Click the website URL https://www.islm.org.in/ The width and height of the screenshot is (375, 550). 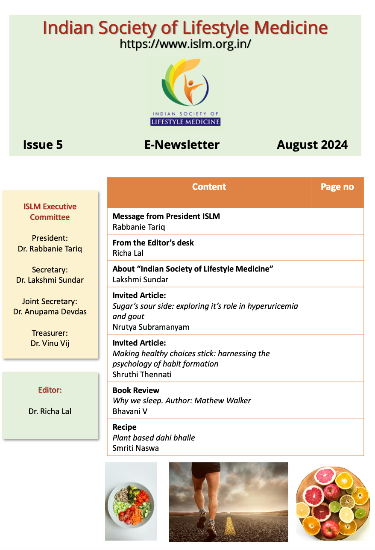[x=185, y=44]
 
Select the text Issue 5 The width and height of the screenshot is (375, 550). [x=43, y=145]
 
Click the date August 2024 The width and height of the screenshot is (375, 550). [x=312, y=145]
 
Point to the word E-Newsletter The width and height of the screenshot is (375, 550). [x=182, y=145]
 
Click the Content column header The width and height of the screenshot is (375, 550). [x=209, y=187]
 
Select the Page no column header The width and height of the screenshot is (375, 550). [x=337, y=187]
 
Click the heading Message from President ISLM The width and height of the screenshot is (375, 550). [x=166, y=216]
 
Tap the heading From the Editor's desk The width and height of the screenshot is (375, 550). [x=153, y=243]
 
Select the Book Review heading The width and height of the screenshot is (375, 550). [x=136, y=390]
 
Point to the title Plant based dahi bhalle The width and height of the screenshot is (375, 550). [x=154, y=438]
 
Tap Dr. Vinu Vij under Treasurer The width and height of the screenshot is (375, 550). [x=50, y=343]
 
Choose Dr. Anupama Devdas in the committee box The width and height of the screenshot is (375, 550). [x=50, y=312]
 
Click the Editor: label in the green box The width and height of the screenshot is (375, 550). [x=50, y=390]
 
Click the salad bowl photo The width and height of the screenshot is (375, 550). [x=131, y=501]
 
